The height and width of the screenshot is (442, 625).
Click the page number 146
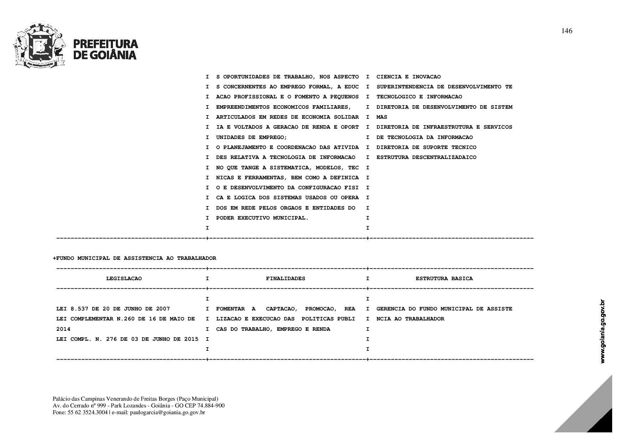567,31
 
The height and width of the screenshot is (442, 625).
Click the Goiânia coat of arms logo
40,46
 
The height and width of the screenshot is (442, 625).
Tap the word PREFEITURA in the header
105,44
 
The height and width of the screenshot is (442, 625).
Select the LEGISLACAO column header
124,278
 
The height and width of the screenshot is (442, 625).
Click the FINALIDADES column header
285,278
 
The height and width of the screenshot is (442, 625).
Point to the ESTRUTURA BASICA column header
444,278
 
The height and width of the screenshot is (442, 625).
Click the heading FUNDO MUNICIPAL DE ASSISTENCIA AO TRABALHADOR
136,258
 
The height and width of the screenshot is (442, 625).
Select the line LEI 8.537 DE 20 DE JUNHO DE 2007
113,309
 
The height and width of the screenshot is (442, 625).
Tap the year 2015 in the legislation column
191,339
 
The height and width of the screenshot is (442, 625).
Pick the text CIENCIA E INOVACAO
408,77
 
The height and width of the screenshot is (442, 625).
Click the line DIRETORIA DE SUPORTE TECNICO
426,147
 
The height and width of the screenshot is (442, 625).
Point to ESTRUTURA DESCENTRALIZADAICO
426,157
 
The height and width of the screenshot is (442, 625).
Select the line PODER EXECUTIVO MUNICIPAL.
262,218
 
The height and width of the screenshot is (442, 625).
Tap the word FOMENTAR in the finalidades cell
230,309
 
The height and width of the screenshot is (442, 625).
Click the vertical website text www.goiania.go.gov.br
603,331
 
